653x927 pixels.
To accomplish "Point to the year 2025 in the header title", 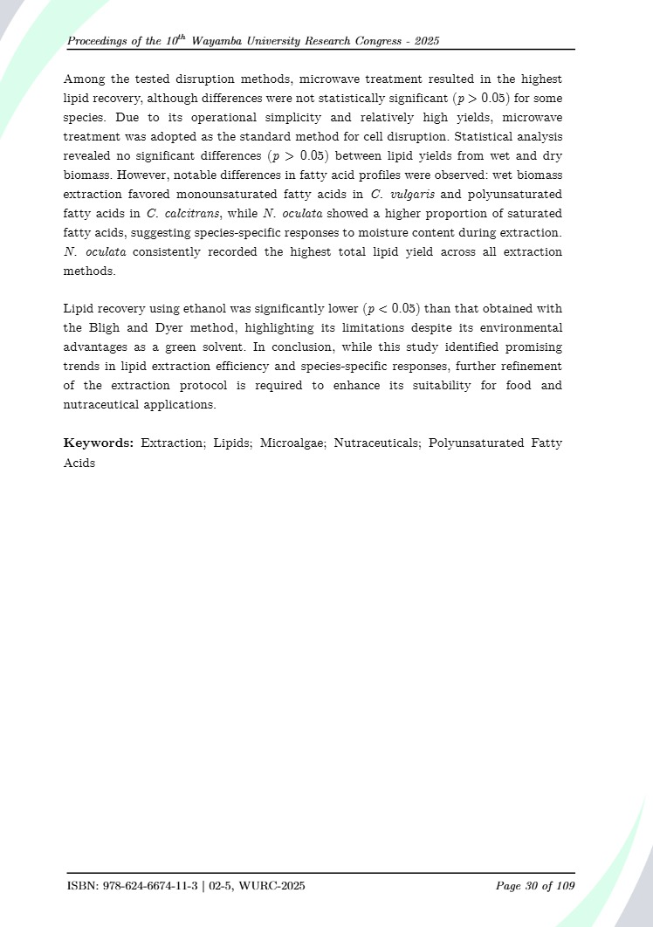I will [427, 41].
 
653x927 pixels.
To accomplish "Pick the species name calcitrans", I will [188, 213].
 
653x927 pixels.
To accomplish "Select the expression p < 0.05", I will [391, 309].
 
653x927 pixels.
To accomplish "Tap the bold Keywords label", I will [99, 443].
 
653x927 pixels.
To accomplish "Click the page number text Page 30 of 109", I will [535, 887].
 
